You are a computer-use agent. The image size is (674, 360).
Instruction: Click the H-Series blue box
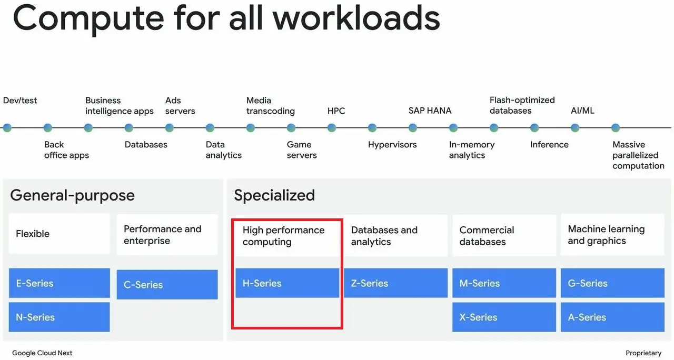click(287, 283)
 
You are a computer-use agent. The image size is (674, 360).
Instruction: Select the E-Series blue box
click(60, 283)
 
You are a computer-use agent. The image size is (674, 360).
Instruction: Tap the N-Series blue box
click(60, 317)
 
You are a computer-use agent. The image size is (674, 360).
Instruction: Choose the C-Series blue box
click(167, 285)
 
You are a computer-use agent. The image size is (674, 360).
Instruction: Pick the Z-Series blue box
click(395, 283)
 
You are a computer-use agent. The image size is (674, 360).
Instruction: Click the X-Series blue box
click(504, 317)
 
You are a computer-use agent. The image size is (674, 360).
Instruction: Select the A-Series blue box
click(612, 317)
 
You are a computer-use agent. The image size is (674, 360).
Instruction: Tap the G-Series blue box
click(612, 283)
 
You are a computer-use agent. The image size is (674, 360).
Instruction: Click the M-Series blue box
click(504, 283)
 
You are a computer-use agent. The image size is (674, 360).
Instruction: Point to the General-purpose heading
click(72, 195)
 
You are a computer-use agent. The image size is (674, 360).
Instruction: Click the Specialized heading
click(274, 195)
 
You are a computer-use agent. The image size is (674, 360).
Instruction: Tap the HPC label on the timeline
click(336, 111)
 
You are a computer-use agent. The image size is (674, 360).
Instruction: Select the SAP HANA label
click(430, 111)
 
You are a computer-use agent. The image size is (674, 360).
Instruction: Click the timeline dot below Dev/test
click(7, 128)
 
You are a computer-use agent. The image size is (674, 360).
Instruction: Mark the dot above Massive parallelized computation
click(616, 128)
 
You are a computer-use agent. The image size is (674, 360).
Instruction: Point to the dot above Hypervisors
click(372, 128)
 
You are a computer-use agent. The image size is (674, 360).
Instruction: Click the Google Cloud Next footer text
click(42, 353)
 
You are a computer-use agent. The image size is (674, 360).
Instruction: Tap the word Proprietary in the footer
click(643, 353)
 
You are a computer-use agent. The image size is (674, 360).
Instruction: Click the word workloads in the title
click(356, 18)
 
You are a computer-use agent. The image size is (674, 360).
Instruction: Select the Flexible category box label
click(33, 234)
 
